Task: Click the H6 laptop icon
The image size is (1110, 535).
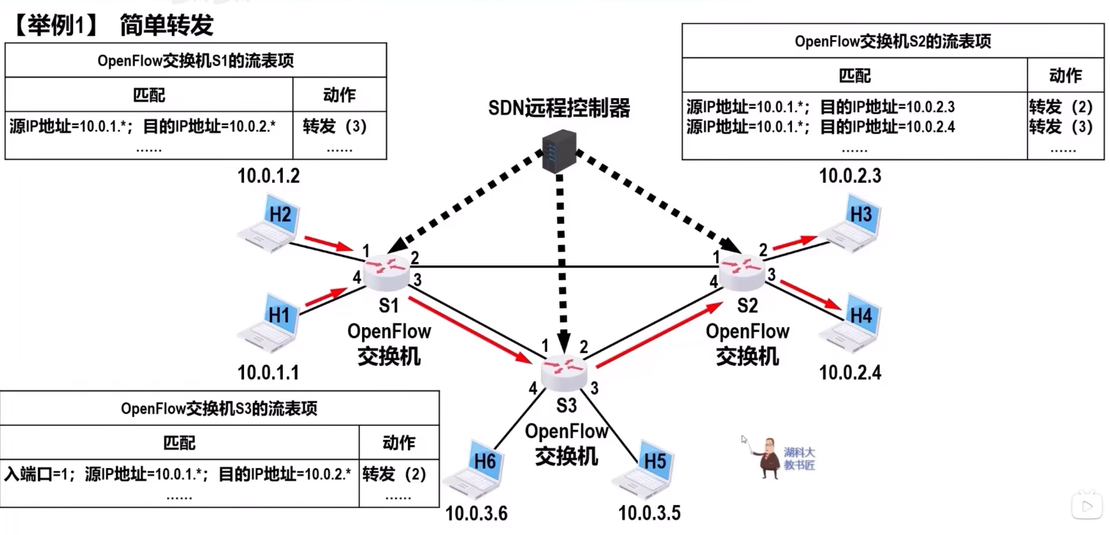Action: (474, 470)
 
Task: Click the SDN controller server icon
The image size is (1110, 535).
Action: (559, 151)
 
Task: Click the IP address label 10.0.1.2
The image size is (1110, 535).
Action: (269, 176)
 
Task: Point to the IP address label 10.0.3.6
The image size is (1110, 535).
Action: (476, 513)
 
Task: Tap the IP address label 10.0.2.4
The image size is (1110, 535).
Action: (850, 373)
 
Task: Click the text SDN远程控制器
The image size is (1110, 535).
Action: (559, 108)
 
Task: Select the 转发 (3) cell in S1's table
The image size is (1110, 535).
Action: (335, 127)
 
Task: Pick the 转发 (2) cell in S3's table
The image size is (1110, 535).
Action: (394, 474)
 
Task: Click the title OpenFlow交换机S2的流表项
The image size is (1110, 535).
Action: (893, 41)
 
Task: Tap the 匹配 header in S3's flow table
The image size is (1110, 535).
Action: (179, 443)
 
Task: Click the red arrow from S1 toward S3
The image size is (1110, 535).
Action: (469, 330)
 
